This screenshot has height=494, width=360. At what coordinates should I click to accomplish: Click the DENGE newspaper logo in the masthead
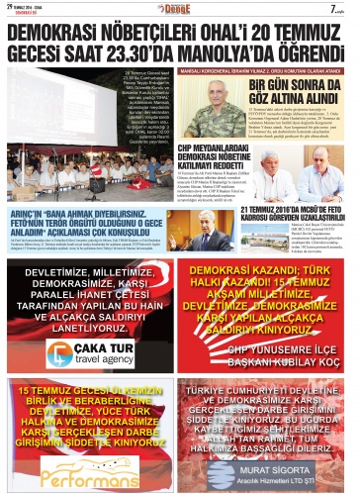point(180,9)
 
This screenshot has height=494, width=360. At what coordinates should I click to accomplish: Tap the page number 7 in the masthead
point(338,9)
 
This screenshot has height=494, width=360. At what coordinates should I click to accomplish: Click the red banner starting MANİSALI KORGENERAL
point(261,72)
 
